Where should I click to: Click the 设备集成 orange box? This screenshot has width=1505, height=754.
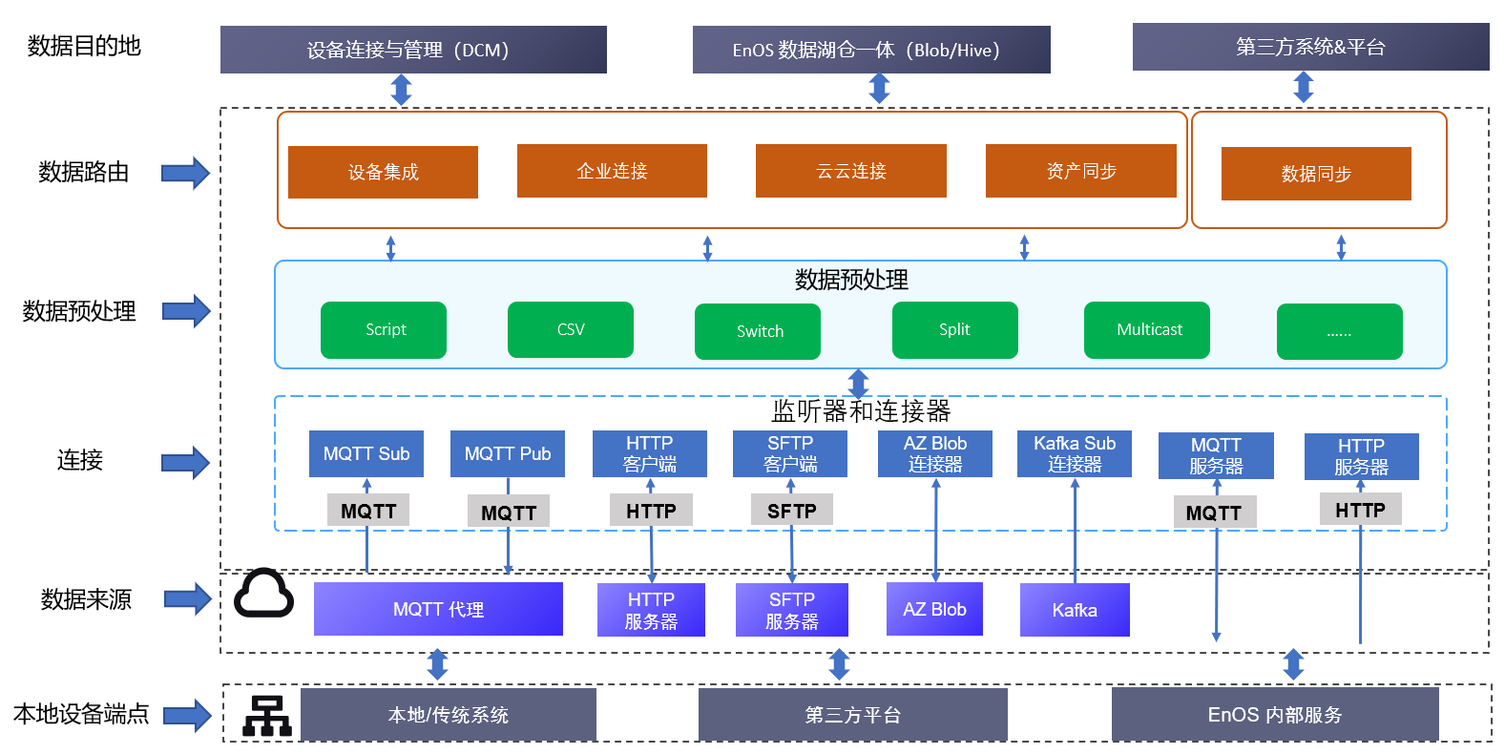tap(383, 172)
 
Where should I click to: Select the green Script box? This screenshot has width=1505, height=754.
tap(384, 329)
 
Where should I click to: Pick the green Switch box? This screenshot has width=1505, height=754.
tap(758, 331)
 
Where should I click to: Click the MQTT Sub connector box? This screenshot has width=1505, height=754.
tap(366, 453)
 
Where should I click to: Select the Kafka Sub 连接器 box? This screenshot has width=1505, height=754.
tap(1075, 453)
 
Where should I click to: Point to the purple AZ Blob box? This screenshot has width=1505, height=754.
tap(934, 609)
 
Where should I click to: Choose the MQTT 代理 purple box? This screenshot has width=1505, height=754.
tap(438, 609)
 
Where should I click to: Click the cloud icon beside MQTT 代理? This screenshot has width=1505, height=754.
tap(263, 594)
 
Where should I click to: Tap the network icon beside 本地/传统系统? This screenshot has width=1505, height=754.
tap(266, 715)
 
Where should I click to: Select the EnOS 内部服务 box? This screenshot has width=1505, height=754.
tap(1274, 714)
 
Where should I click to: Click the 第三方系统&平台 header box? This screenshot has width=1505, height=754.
tap(1310, 47)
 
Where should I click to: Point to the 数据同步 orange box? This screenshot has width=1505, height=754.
tap(1316, 174)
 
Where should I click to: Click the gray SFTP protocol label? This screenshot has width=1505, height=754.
tap(791, 511)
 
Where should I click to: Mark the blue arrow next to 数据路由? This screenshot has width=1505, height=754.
tap(185, 173)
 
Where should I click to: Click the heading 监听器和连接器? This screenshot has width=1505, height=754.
tap(860, 411)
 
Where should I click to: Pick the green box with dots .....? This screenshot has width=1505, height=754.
tap(1339, 331)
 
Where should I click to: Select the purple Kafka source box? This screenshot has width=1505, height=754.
tap(1075, 610)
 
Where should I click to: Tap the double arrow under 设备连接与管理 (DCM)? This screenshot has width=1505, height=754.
tap(402, 89)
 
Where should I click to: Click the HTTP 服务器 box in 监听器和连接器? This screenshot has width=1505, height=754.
tap(1361, 456)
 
